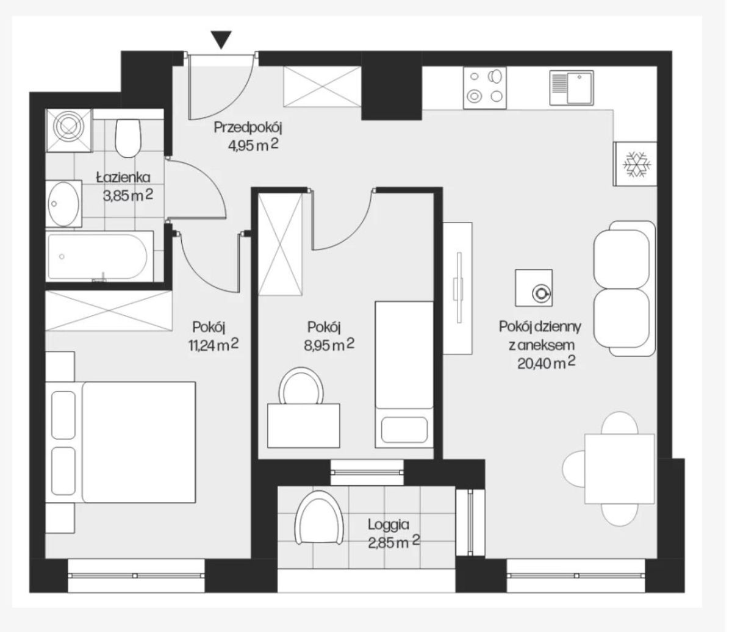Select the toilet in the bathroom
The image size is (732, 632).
129,138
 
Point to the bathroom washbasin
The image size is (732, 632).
64,204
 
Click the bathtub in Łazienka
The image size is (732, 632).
100,256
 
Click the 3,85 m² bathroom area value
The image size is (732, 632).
129,196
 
